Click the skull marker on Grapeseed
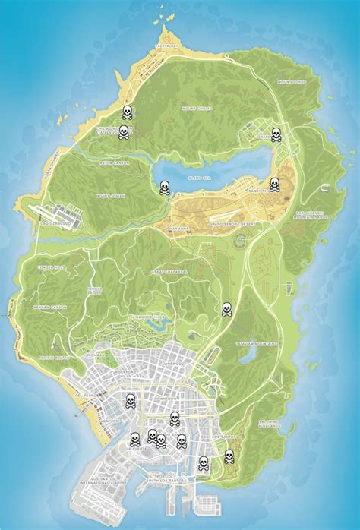pyautogui.click(x=276, y=135)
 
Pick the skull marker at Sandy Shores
pyautogui.click(x=274, y=185)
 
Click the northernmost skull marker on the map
pyautogui.click(x=128, y=113)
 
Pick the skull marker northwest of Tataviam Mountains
pyautogui.click(x=226, y=309)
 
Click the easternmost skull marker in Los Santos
pyautogui.click(x=229, y=456)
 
